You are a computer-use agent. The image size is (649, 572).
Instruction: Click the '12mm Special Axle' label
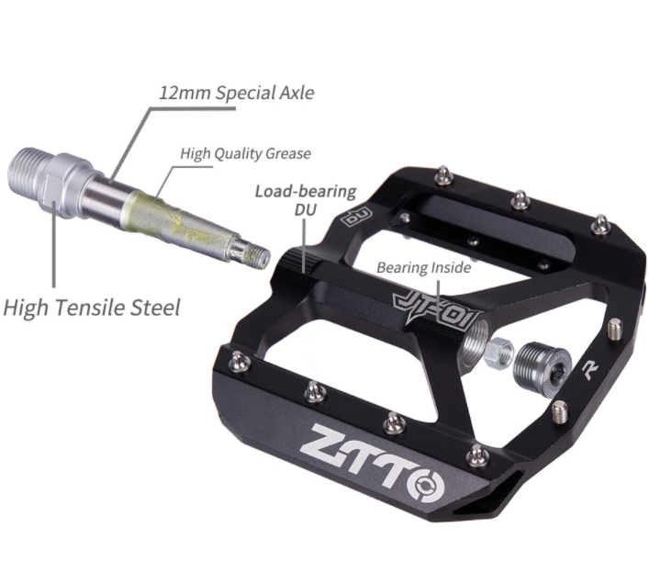coord(236,93)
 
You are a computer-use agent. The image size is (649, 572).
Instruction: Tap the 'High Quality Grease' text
coord(245,153)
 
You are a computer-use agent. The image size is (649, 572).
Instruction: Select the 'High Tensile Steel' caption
coord(92,308)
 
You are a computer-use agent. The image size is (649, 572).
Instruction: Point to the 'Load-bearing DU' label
coord(306,200)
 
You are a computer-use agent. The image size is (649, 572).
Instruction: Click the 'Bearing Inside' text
coord(424,267)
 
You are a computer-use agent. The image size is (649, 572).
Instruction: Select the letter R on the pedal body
coord(590,369)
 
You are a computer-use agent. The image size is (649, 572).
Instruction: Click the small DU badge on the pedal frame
coord(356,217)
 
